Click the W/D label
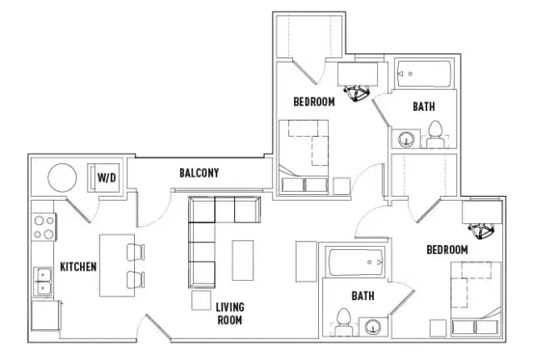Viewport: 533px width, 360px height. click(x=107, y=177)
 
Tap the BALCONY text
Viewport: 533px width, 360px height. click(x=199, y=173)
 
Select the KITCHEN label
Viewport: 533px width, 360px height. click(x=78, y=267)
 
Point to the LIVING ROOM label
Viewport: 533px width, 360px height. click(x=230, y=312)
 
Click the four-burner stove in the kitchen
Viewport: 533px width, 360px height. click(x=43, y=227)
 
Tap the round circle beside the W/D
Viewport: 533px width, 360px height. click(x=62, y=177)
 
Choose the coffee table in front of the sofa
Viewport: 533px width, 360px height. click(x=242, y=260)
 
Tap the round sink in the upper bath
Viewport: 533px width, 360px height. click(x=406, y=139)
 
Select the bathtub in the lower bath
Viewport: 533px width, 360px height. click(x=356, y=263)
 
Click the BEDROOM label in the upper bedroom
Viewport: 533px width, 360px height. click(x=314, y=102)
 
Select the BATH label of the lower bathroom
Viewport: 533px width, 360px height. click(x=363, y=296)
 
